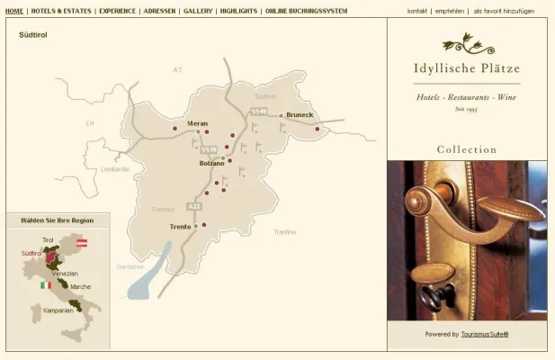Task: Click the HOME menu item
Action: (x=14, y=11)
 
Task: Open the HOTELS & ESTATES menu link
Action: (x=62, y=11)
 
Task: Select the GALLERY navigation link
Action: (x=198, y=11)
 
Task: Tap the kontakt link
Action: (x=416, y=11)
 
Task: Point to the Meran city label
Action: (x=197, y=123)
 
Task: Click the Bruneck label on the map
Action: (x=300, y=115)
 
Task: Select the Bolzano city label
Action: (x=211, y=164)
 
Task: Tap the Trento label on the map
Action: (x=180, y=227)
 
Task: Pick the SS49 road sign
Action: (x=259, y=111)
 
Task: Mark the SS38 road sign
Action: (x=209, y=149)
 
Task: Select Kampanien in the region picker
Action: (x=57, y=310)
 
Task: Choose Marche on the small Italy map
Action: (x=80, y=287)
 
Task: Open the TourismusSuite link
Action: (x=485, y=334)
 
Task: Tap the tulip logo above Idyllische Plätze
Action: (x=467, y=42)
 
